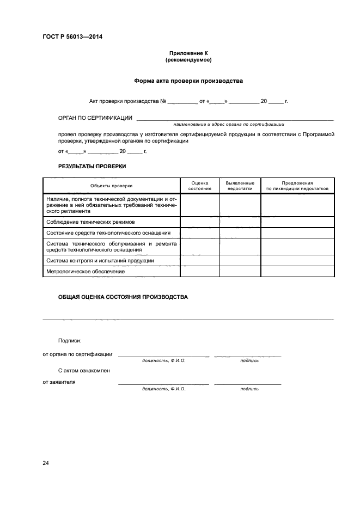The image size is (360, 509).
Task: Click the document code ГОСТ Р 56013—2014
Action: pos(72,37)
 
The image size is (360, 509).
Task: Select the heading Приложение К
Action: pos(188,53)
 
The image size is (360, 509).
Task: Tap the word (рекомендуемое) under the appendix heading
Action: pos(188,60)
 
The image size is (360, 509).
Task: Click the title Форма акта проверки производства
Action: pos(188,81)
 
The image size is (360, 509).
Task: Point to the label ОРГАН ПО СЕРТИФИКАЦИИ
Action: pos(95,118)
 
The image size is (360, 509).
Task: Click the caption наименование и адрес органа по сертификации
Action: pos(233,124)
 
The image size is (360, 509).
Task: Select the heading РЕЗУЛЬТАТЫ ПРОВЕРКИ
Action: pos(91,166)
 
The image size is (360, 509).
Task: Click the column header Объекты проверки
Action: pos(111,186)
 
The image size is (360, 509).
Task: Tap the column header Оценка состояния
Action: pos(199,186)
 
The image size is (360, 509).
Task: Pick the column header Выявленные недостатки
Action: pos(240,186)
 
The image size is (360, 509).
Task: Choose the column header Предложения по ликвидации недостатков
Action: pos(297,186)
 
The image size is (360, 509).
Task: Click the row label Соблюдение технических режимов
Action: pos(90,222)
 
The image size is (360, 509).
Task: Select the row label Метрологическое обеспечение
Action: pos(86,271)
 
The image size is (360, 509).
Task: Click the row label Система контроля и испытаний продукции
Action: pos(100,261)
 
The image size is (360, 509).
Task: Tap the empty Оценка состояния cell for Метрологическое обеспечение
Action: pos(199,271)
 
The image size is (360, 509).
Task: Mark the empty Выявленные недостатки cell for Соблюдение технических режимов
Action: pos(240,222)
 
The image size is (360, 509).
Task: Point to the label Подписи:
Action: pos(70,341)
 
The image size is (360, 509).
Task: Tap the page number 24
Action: pos(46,463)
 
